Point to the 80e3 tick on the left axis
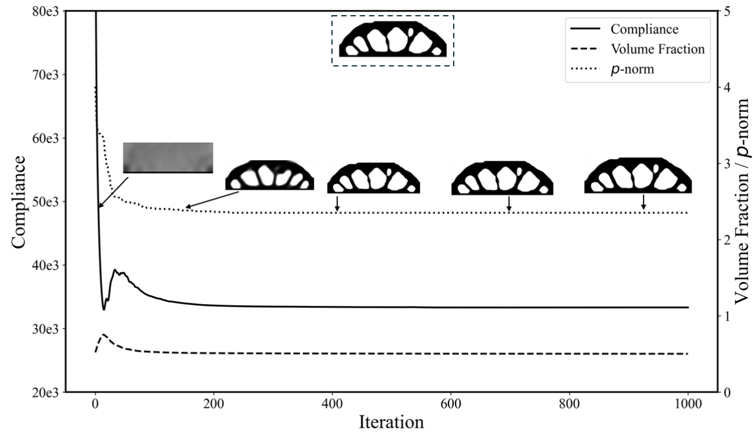pos(48,11)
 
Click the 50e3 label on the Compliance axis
pos(48,201)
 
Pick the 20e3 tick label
pos(48,392)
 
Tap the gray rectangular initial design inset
pos(168,157)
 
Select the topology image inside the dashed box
pos(392,40)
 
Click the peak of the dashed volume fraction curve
pos(103,334)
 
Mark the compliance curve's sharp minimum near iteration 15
pos(104,309)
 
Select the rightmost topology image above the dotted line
pos(638,175)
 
